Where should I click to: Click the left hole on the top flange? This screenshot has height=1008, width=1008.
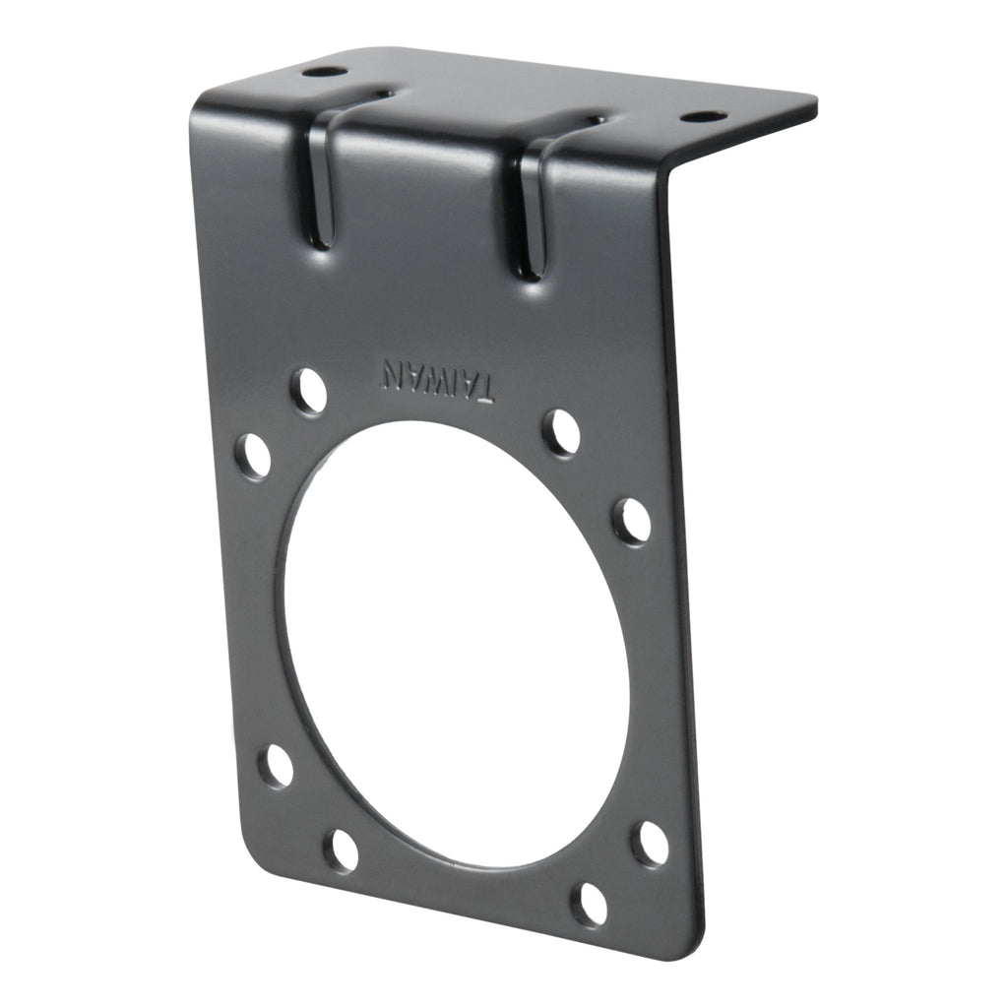(x=324, y=72)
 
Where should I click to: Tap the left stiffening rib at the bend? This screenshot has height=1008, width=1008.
(x=322, y=177)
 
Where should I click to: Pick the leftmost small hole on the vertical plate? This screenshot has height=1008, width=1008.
(x=253, y=457)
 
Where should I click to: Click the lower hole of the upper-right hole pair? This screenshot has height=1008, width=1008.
(x=632, y=521)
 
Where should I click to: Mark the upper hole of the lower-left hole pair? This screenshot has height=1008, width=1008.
(x=277, y=766)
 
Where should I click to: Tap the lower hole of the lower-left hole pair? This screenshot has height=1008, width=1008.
(x=342, y=850)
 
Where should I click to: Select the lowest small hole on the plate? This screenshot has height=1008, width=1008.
(x=590, y=903)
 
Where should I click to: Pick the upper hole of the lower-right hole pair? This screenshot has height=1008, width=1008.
(x=650, y=844)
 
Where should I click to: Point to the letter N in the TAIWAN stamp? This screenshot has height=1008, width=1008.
(x=394, y=373)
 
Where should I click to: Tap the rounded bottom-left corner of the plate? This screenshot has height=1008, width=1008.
(x=254, y=866)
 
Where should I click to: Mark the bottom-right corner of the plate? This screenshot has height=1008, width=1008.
(x=694, y=951)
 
